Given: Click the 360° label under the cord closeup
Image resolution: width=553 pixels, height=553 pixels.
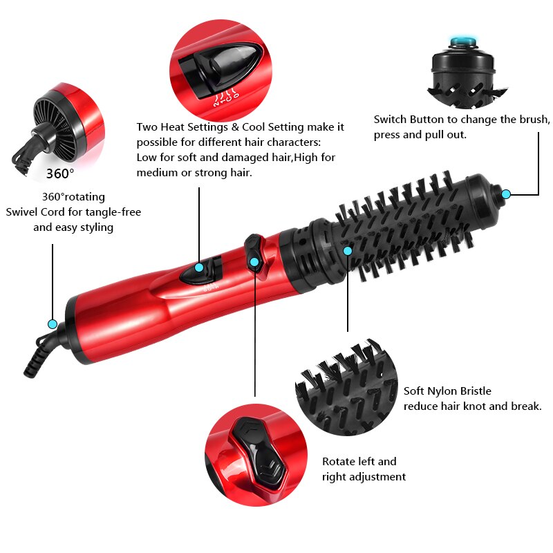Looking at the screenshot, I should [60, 173].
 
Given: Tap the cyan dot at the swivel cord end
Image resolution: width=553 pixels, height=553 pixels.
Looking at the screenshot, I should [52, 324].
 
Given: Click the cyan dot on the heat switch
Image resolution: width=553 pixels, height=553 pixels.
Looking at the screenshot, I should [199, 267].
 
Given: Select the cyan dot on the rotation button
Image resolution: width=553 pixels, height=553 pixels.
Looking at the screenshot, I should [254, 261].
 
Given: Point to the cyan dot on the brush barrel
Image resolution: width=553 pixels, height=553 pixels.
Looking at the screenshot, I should [348, 250].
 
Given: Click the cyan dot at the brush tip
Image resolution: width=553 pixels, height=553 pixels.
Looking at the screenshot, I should [506, 194].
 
